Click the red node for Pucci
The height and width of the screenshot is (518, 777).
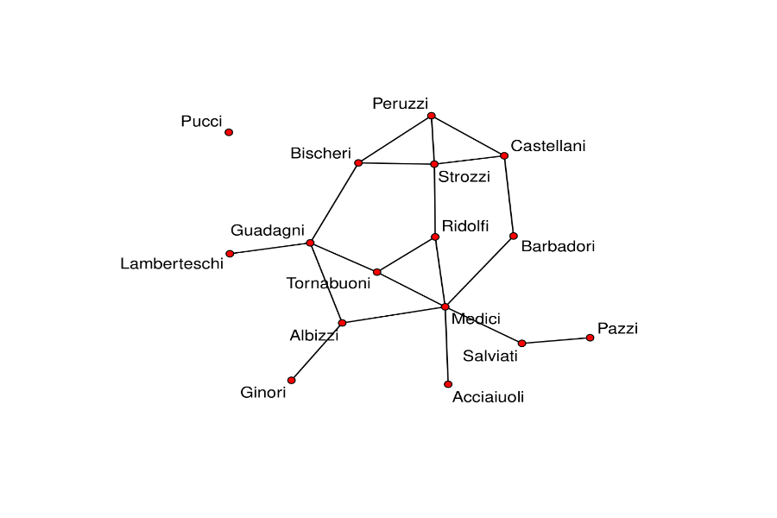(x=229, y=132)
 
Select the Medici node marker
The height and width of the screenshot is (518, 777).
(x=445, y=306)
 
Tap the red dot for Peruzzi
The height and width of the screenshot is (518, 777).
(x=431, y=116)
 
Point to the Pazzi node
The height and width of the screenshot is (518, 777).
(x=590, y=338)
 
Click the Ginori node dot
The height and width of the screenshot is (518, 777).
(x=292, y=380)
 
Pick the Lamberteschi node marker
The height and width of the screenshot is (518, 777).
(x=230, y=254)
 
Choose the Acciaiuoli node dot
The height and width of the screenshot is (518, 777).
(x=448, y=384)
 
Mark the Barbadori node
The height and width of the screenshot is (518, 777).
(x=514, y=236)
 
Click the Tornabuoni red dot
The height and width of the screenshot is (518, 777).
(x=377, y=272)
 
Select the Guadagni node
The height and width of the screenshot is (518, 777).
(x=310, y=243)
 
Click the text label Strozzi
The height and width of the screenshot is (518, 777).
(x=464, y=178)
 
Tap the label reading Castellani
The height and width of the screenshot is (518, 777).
(x=547, y=146)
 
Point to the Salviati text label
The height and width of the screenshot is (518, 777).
(x=490, y=356)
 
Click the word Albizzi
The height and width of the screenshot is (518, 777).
(x=313, y=336)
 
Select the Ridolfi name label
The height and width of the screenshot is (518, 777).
(x=464, y=226)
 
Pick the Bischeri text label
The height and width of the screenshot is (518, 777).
(x=320, y=154)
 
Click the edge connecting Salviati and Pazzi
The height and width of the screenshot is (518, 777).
(x=556, y=340)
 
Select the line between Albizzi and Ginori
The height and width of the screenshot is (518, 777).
(x=317, y=351)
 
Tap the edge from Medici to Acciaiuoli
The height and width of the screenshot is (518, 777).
(x=446, y=345)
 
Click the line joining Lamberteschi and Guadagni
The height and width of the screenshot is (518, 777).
(x=269, y=249)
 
